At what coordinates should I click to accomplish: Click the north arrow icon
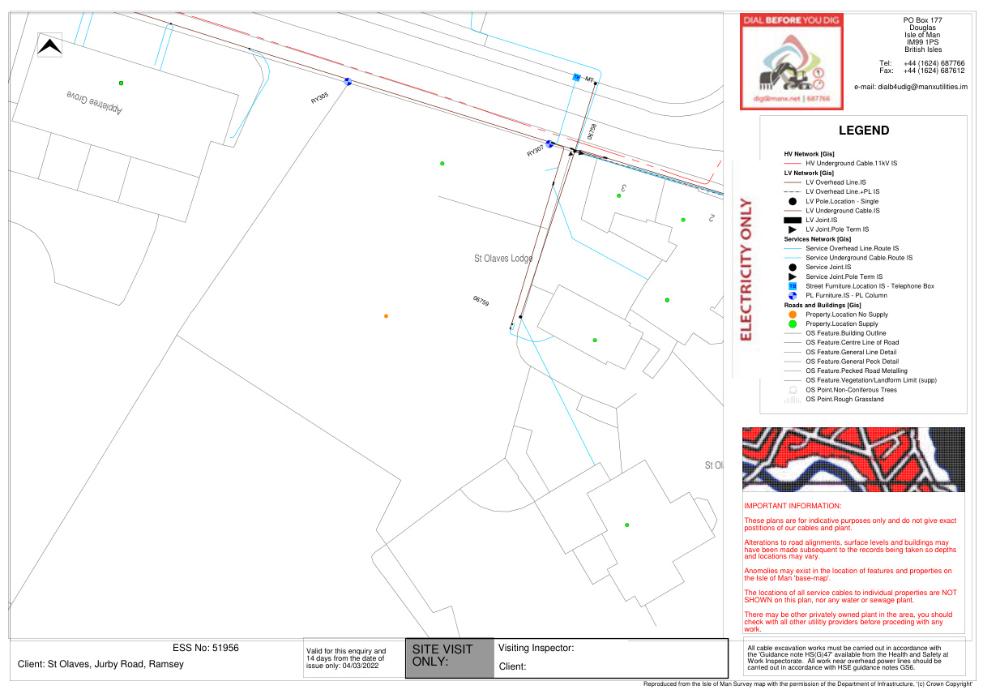(50, 47)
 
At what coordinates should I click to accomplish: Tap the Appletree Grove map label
(94, 101)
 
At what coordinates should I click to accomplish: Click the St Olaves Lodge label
(503, 259)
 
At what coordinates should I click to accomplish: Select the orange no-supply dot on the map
(386, 315)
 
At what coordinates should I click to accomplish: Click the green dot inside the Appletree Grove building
(121, 83)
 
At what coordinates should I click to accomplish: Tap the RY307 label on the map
(535, 152)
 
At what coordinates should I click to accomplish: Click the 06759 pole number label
(481, 301)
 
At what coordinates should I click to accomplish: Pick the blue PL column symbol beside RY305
(348, 81)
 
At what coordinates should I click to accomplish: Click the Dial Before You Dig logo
(791, 62)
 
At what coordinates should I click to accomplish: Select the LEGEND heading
(863, 131)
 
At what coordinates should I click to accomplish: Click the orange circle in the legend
(793, 314)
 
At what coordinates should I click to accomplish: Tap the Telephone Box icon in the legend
(793, 286)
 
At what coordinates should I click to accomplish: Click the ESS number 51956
(206, 648)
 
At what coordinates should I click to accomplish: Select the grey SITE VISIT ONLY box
(449, 658)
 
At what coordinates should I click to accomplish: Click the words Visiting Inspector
(536, 648)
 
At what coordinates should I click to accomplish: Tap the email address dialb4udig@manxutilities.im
(911, 87)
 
